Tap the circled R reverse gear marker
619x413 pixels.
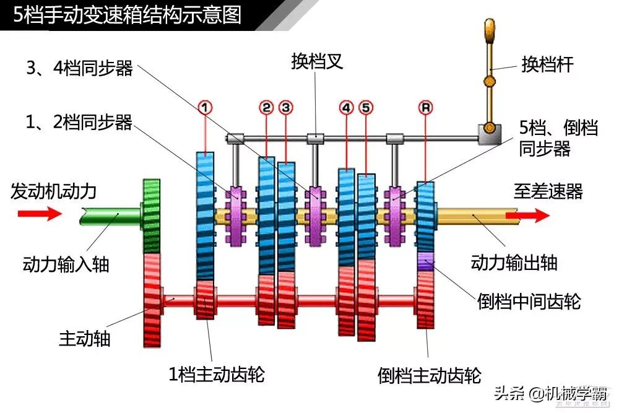pos(425,108)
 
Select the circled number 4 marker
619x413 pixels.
pos(346,108)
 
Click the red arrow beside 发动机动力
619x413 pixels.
pos(39,214)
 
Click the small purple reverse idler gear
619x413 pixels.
pos(425,261)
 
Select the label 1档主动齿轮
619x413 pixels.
pos(217,374)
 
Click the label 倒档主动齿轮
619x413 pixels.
pos(429,375)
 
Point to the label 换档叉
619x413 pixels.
pos(316,61)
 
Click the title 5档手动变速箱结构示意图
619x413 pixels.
pos(127,14)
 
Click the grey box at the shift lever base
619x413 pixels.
pos(489,133)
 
